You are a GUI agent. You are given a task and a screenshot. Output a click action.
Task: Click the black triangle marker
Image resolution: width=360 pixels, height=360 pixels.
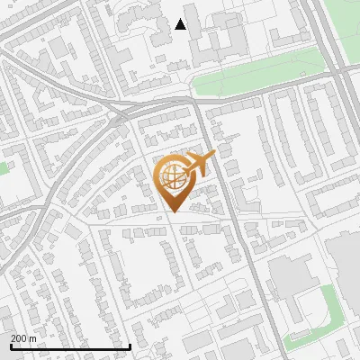coord(181,24)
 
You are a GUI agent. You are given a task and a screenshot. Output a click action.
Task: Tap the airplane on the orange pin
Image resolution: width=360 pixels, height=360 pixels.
coord(200,164)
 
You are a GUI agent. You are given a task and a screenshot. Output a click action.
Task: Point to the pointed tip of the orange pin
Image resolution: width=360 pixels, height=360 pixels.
coord(172,213)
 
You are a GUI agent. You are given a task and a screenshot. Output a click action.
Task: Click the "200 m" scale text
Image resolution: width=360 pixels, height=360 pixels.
coord(24,338)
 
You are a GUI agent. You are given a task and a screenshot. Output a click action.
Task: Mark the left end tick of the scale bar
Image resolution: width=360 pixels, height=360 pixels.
coord(10,346)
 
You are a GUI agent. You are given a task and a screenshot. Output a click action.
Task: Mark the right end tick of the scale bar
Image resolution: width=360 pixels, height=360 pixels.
coord(130,346)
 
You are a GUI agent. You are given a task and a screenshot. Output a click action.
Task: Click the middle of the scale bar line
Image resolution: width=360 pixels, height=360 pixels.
coord(70,347)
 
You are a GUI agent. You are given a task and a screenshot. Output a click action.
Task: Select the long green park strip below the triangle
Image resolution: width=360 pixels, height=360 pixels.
coord(261,76)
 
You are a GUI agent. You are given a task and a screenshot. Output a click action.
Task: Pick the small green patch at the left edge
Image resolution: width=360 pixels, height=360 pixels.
coord(4,167)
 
